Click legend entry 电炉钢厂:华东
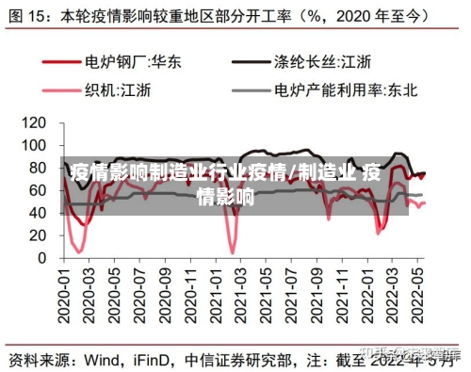133,62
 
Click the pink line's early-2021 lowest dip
232,251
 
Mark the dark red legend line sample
58,62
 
